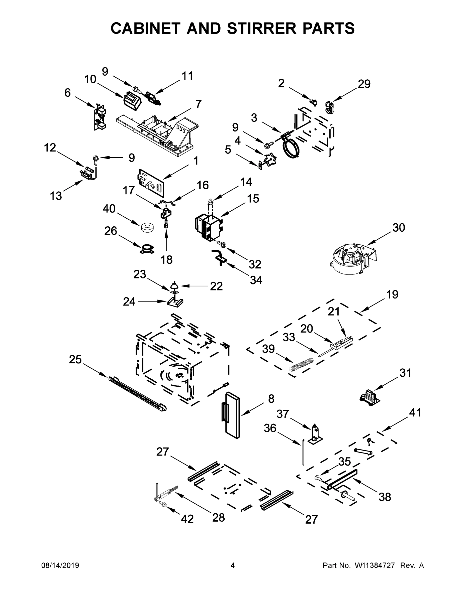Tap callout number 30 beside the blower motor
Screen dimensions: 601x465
pyautogui.click(x=398, y=228)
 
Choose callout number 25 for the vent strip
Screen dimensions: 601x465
pyautogui.click(x=75, y=359)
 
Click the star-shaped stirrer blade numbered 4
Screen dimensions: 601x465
pyautogui.click(x=268, y=160)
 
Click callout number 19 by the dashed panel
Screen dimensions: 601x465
pyautogui.click(x=392, y=294)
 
